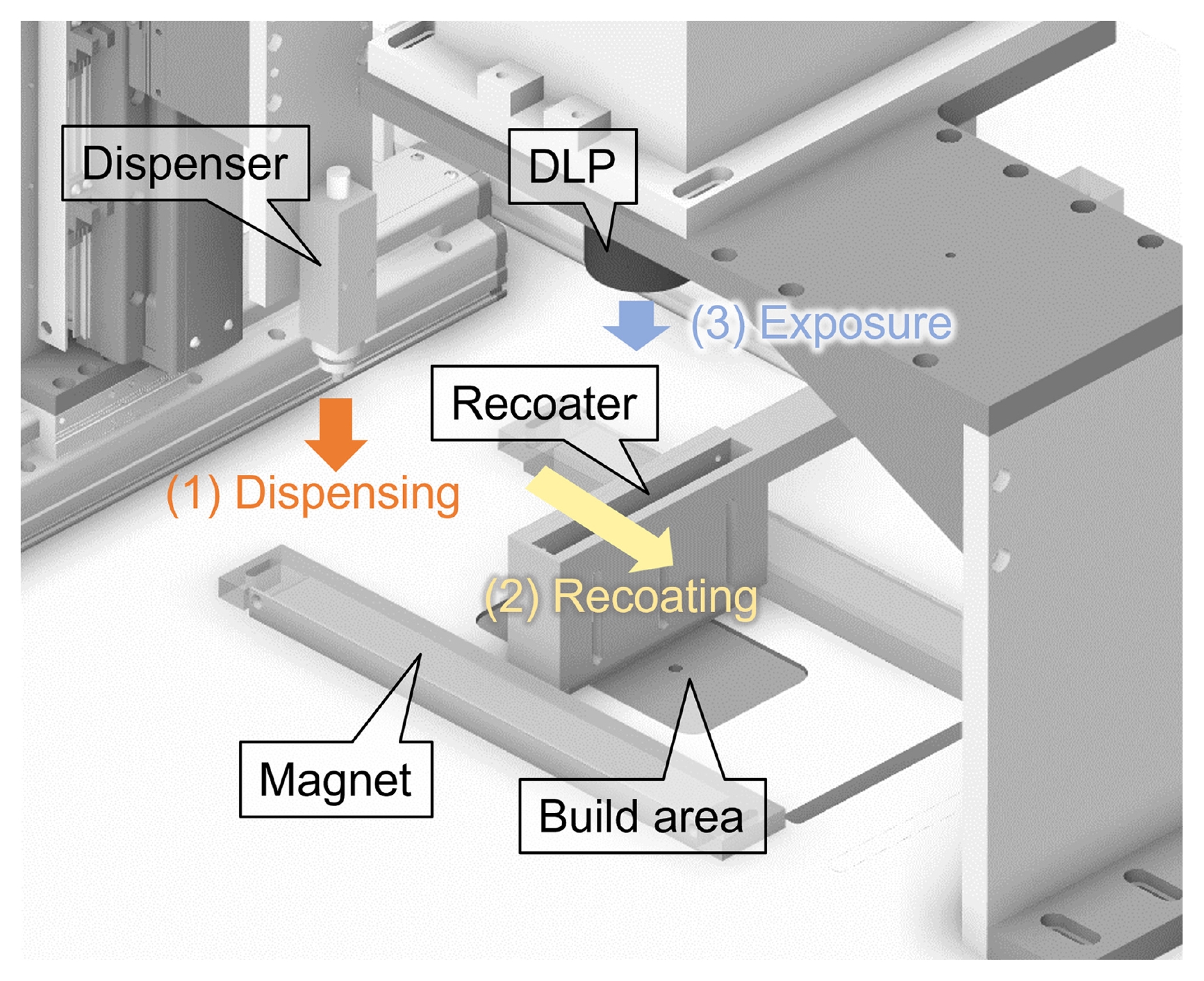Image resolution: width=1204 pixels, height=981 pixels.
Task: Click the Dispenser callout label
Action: pos(185,163)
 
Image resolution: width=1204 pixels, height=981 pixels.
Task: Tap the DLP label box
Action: pos(572,166)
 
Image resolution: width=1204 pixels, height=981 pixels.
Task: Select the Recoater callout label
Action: pos(544,403)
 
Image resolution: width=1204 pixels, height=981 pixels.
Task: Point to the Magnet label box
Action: pos(336,779)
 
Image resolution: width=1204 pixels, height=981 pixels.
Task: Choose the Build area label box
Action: pos(642,816)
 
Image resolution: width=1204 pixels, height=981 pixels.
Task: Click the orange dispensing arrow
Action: pos(336,434)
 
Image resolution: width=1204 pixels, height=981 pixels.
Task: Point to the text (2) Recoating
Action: pos(621,596)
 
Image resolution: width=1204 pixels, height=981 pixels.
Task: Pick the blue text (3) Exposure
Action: pos(821,323)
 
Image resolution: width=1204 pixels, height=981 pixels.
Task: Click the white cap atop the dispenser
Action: pos(338,181)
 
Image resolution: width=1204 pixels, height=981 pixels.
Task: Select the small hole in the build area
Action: pos(675,668)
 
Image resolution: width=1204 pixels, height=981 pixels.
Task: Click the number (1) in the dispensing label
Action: pos(194,494)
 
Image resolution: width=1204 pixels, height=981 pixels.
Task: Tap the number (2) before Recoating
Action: pos(512,597)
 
